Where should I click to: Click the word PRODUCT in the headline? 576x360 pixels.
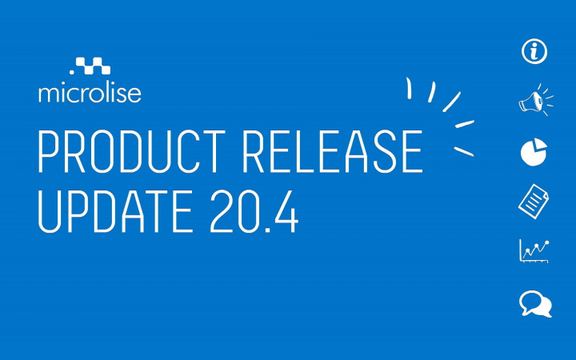pos(132,151)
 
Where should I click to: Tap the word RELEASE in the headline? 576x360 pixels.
pos(333,151)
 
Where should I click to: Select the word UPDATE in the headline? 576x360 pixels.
pos(115,211)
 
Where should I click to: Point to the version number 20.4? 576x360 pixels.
pos(254,211)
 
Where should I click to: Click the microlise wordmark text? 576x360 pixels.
pos(90,94)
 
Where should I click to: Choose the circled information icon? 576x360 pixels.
pos(534,51)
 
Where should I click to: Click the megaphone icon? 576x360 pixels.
pos(536,100)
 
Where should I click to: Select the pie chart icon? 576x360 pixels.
pos(534,151)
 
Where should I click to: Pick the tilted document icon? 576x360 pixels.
pos(534,202)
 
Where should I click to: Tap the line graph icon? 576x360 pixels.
pos(534,251)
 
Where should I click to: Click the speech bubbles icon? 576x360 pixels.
pos(535,304)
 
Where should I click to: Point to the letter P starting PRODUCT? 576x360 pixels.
pos(50,151)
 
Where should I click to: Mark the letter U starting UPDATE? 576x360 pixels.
pos(49,211)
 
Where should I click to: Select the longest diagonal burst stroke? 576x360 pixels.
pos(451,102)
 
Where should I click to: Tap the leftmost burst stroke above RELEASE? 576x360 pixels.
pos(409,88)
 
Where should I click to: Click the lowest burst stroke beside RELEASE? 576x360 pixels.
pos(464,151)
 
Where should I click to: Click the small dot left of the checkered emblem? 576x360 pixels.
pos(72,72)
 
